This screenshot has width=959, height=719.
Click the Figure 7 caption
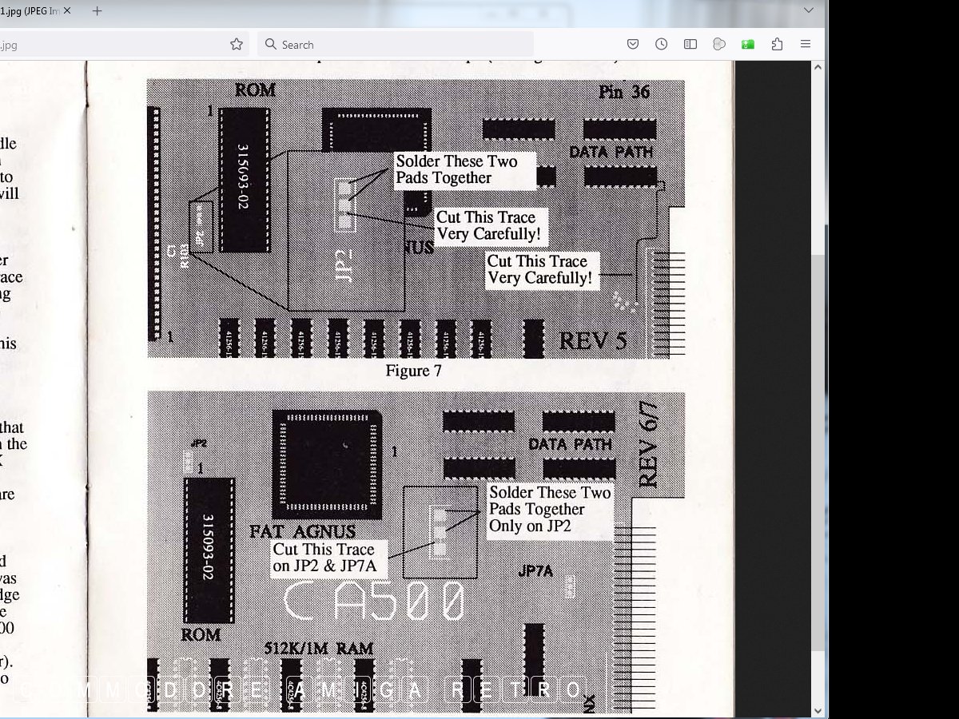pyautogui.click(x=413, y=371)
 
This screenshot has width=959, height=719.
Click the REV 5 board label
pyautogui.click(x=593, y=341)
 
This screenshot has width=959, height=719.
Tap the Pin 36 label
pyautogui.click(x=624, y=92)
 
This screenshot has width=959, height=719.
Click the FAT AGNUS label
pyautogui.click(x=302, y=531)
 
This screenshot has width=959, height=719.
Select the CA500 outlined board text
pyautogui.click(x=374, y=602)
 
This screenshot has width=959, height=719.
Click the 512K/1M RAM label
pyautogui.click(x=319, y=649)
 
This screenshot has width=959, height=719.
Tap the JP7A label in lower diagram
pyautogui.click(x=535, y=571)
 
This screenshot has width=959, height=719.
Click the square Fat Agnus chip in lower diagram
pyautogui.click(x=326, y=464)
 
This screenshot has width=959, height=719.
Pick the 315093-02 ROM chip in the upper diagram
pyautogui.click(x=244, y=178)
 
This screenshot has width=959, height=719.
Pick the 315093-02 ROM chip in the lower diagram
pyautogui.click(x=209, y=550)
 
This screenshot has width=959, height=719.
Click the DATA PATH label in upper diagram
pyautogui.click(x=611, y=152)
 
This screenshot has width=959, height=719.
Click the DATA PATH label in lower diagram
pyautogui.click(x=570, y=444)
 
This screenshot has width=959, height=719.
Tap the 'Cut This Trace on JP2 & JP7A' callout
pyautogui.click(x=324, y=558)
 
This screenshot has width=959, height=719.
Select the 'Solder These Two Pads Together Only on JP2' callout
pyautogui.click(x=549, y=510)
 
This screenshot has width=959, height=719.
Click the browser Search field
pyautogui.click(x=396, y=45)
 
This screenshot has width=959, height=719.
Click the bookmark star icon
pyautogui.click(x=237, y=45)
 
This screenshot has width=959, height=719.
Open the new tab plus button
pyautogui.click(x=97, y=11)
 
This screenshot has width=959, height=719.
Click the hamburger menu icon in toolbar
pyautogui.click(x=806, y=45)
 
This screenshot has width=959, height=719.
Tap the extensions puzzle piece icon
pyautogui.click(x=777, y=45)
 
